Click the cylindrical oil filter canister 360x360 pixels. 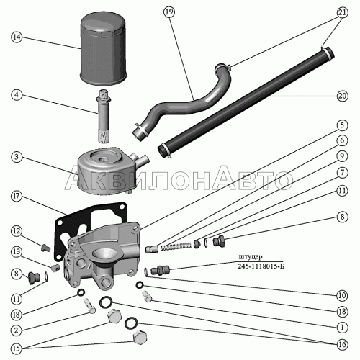click(x=103, y=49)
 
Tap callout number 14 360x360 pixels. click(x=17, y=37)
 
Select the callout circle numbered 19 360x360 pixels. click(x=169, y=12)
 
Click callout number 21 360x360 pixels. click(x=342, y=12)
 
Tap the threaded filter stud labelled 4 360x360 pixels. click(x=104, y=116)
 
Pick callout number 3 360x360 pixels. click(x=17, y=157)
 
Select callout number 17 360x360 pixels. click(x=17, y=197)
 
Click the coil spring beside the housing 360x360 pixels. click(x=176, y=246)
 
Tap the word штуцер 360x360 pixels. click(x=251, y=256)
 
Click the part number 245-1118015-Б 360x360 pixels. click(x=261, y=266)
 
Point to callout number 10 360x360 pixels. click(x=342, y=295)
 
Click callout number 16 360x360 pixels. click(x=342, y=345)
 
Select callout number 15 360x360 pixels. click(x=17, y=348)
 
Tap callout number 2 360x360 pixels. click(x=17, y=330)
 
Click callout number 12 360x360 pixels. click(x=17, y=231)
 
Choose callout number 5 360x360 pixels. click(x=342, y=125)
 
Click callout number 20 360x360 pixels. click(x=342, y=96)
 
